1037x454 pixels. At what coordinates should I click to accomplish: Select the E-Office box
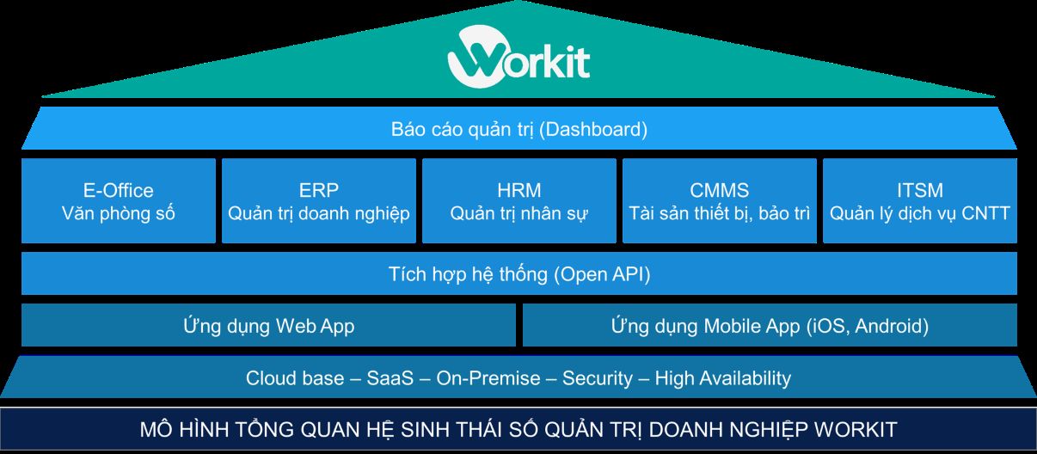pyautogui.click(x=119, y=201)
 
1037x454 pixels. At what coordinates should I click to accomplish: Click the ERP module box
pyautogui.click(x=319, y=201)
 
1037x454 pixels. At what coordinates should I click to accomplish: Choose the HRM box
pyautogui.click(x=519, y=201)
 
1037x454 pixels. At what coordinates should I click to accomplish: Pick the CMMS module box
pyautogui.click(x=720, y=201)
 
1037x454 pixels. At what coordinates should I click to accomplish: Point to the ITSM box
pyautogui.click(x=919, y=201)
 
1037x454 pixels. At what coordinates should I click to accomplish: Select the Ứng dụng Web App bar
pyautogui.click(x=268, y=326)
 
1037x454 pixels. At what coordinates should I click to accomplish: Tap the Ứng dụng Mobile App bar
pyautogui.click(x=770, y=326)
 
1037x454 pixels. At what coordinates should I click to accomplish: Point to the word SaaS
pyautogui.click(x=390, y=378)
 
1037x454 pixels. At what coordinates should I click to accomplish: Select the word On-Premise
pyautogui.click(x=488, y=378)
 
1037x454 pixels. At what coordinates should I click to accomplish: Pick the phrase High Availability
pyautogui.click(x=722, y=378)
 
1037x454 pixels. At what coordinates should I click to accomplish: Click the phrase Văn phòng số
pyautogui.click(x=119, y=213)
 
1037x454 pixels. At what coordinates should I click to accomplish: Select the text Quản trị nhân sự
pyautogui.click(x=519, y=213)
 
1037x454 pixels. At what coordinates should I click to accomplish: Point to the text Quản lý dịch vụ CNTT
pyautogui.click(x=919, y=213)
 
